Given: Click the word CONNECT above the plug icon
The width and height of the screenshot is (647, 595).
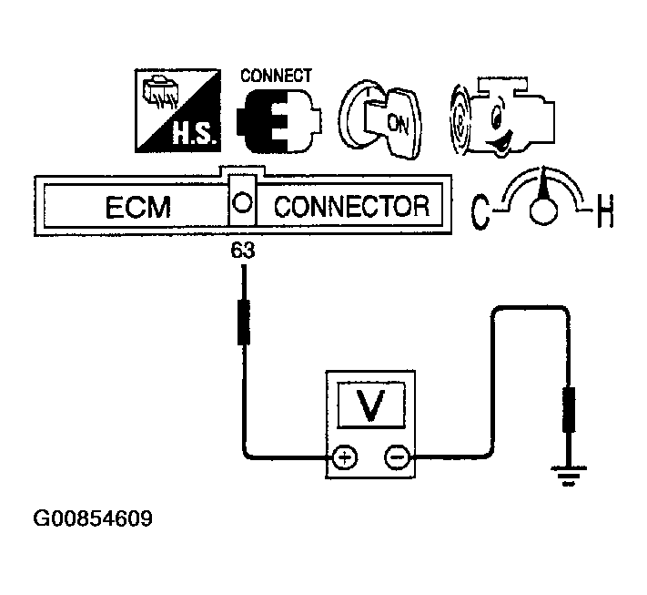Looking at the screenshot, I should click(x=276, y=76).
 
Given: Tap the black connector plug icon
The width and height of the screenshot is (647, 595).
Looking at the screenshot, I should click(x=277, y=122).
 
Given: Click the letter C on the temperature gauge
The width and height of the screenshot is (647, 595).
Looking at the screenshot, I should click(x=480, y=211).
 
